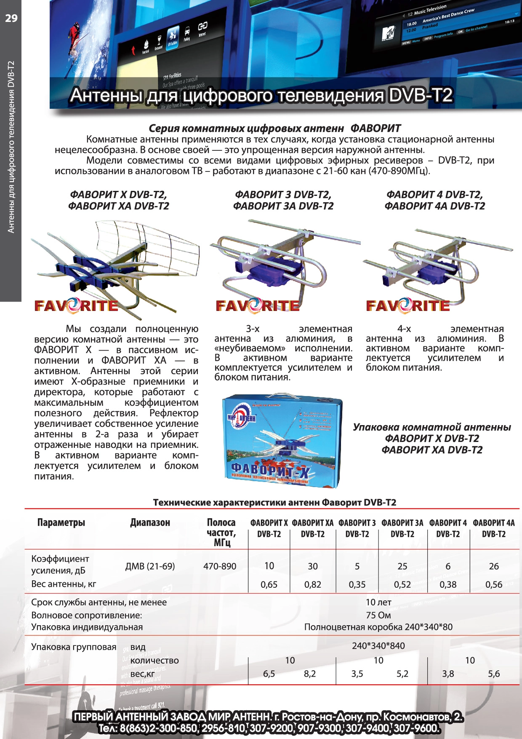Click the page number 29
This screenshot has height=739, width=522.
[x=11, y=18]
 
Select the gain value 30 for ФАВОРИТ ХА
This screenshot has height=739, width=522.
[x=312, y=566]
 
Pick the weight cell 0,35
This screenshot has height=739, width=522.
[x=357, y=584]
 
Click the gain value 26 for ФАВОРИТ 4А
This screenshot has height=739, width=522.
[x=494, y=566]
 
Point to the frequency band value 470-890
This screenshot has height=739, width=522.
[x=220, y=566]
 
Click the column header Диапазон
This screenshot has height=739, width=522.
[x=150, y=523]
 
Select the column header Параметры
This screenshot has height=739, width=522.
[x=61, y=523]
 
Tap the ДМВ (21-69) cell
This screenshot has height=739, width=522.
[x=150, y=566]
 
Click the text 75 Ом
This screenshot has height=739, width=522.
[x=378, y=615]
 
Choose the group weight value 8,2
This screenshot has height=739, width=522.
[x=310, y=674]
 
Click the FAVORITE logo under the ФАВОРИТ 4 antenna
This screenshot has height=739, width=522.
[x=407, y=305]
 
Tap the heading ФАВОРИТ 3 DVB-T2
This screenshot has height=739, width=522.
[x=283, y=195]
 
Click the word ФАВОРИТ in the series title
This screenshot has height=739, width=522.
[x=376, y=129]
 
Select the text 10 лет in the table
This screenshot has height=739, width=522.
[x=378, y=602]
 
